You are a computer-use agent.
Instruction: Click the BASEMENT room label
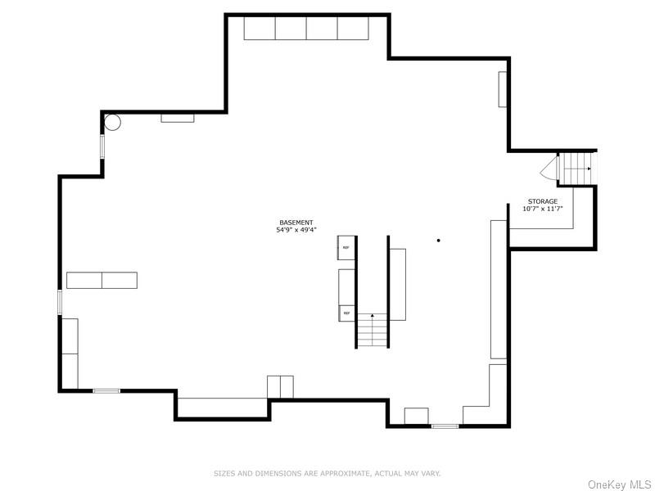(x=296, y=223)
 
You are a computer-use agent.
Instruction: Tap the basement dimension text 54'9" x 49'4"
(x=296, y=231)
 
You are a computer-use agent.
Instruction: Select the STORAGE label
(x=542, y=201)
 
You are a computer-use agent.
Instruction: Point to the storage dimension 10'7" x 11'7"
(x=542, y=209)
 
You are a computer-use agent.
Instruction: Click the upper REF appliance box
(x=346, y=247)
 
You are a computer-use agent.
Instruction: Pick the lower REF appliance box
(x=346, y=313)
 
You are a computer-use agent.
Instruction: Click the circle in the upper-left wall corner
(x=112, y=123)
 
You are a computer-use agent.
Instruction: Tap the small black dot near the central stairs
(x=439, y=241)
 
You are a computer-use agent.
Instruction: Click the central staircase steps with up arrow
(x=373, y=331)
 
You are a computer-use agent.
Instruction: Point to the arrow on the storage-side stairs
(x=588, y=168)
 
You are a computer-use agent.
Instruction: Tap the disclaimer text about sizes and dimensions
(x=327, y=473)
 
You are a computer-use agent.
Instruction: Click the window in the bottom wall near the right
(x=445, y=426)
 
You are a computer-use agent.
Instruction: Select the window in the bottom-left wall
(x=106, y=391)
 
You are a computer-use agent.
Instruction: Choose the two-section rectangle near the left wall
(x=102, y=280)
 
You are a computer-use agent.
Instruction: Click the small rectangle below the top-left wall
(x=177, y=118)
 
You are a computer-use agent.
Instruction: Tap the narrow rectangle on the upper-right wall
(x=503, y=89)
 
